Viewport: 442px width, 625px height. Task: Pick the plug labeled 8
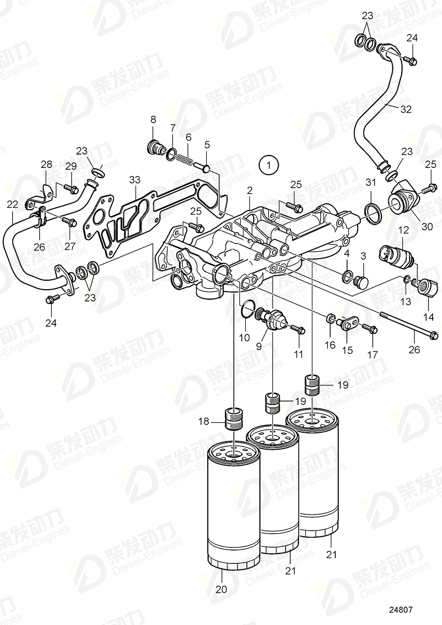(155, 148)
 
